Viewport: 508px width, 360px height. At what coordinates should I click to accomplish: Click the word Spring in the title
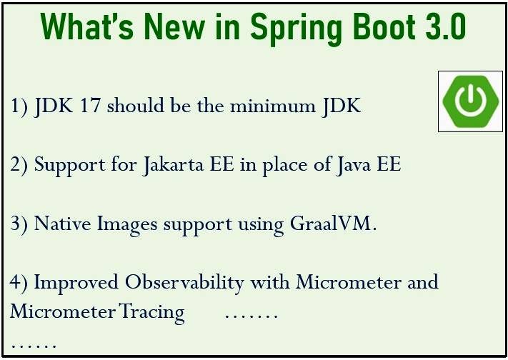tap(296, 29)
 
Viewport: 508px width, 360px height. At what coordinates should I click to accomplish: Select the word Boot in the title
tap(383, 26)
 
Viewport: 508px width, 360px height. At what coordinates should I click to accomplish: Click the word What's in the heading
tap(87, 26)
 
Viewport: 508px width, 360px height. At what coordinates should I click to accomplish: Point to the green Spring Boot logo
tap(470, 101)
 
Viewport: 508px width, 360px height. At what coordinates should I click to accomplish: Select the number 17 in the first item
tap(91, 106)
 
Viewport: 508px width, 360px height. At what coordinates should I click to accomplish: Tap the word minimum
tap(272, 106)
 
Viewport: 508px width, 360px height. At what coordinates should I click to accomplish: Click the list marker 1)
tap(19, 106)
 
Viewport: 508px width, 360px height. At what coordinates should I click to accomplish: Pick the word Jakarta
tap(174, 165)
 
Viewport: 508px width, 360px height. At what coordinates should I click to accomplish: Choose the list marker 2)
tap(19, 165)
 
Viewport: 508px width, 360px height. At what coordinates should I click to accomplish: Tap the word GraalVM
tap(333, 224)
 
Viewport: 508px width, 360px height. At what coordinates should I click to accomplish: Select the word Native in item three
tap(63, 224)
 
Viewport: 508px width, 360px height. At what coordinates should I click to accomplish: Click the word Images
tap(127, 225)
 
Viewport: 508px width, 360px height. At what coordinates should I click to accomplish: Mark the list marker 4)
tap(19, 283)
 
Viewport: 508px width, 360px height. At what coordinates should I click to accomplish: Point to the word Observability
tap(184, 283)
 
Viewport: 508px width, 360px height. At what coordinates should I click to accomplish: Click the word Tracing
tap(152, 313)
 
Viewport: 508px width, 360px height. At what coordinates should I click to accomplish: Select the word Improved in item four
tap(76, 283)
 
